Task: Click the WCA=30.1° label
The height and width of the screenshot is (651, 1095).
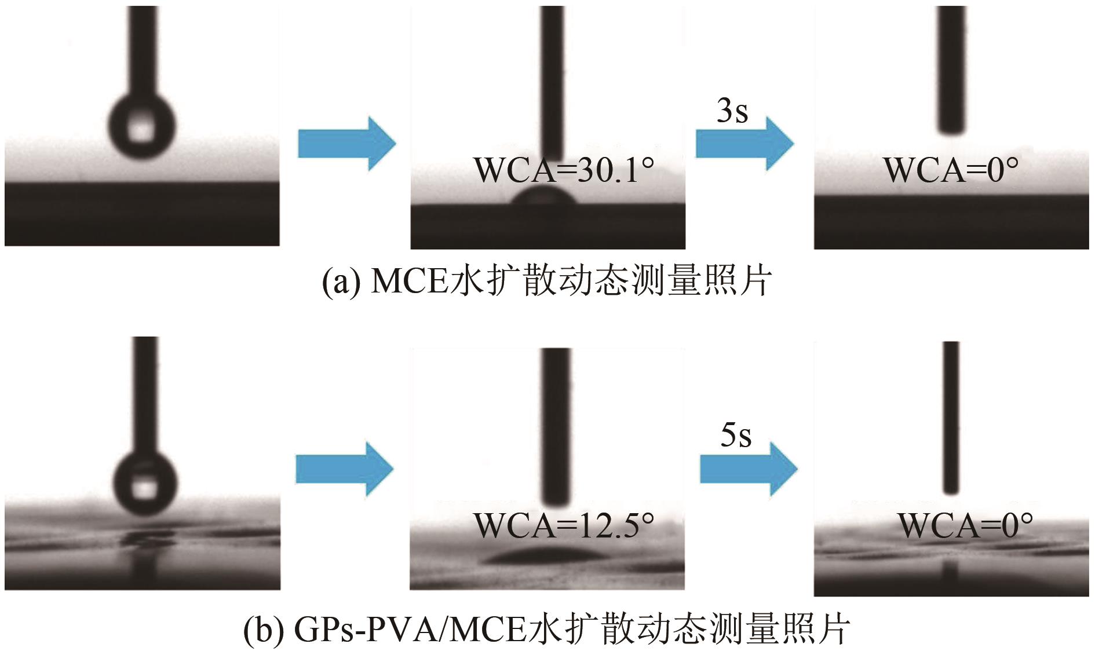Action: (563, 170)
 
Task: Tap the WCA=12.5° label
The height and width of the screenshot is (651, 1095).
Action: (563, 525)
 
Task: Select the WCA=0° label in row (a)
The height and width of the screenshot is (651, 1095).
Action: (951, 170)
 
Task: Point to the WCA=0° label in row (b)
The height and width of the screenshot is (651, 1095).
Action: (965, 525)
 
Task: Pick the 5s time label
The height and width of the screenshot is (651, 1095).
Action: (736, 435)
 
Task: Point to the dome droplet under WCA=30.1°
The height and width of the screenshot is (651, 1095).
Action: (545, 198)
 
